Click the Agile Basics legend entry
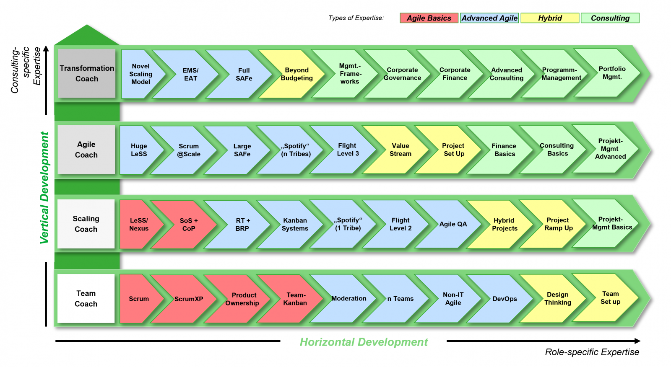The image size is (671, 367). pos(429,18)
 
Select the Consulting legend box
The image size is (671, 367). pos(610,18)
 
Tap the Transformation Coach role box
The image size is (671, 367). pos(87,74)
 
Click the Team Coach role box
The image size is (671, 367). pos(86,299)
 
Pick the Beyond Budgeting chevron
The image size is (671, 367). pos(296,74)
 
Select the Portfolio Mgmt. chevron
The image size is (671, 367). pos(612,73)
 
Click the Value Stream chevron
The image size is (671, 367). pos(400,150)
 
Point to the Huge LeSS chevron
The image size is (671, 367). pos(139,150)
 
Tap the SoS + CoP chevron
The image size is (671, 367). pos(189,225)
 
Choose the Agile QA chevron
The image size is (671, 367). pos(453,224)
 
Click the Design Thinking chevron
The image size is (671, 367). pos(557,299)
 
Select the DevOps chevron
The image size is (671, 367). pos(505,299)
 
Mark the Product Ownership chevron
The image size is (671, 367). pos(242,299)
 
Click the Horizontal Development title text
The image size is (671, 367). pos(364,342)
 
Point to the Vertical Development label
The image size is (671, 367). pos(44,188)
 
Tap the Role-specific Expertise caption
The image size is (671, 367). pos(592,352)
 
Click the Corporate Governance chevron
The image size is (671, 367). pos(402,74)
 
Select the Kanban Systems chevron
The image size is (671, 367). pos(295,225)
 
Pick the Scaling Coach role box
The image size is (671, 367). pos(86,224)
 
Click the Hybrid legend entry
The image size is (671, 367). pos(549,18)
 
